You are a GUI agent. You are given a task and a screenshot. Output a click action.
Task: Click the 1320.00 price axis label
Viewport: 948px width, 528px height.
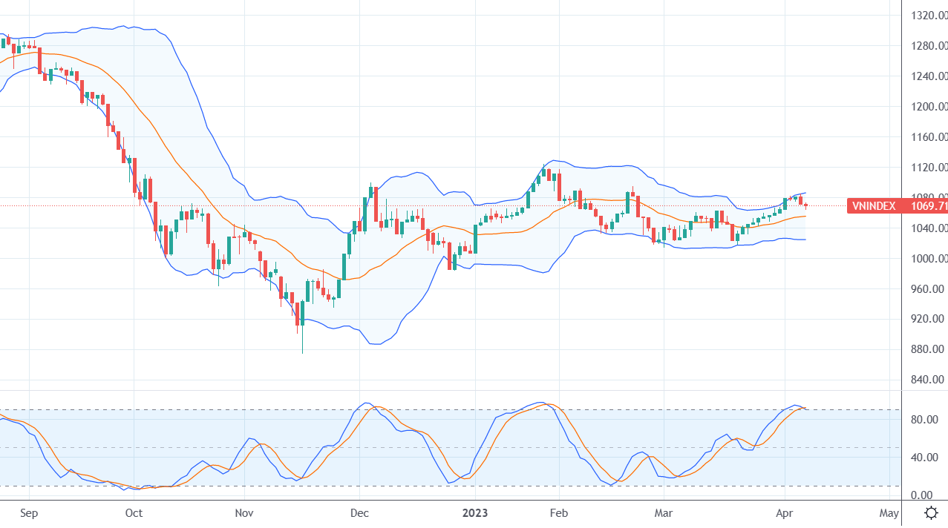click(x=928, y=16)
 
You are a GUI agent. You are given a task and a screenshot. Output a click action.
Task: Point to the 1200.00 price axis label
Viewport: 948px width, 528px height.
click(x=928, y=107)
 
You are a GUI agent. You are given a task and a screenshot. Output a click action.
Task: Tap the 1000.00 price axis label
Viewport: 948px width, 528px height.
click(x=928, y=259)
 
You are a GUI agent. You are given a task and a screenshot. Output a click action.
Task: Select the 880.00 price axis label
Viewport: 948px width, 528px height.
click(x=928, y=349)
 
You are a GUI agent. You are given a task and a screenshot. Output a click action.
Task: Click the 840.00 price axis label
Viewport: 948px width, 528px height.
click(x=928, y=380)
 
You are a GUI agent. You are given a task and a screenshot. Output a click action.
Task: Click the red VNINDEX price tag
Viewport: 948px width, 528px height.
click(x=897, y=205)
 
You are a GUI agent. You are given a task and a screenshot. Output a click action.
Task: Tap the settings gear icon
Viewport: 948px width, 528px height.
click(x=930, y=512)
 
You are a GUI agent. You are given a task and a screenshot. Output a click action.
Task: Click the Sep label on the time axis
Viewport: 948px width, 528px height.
click(x=29, y=512)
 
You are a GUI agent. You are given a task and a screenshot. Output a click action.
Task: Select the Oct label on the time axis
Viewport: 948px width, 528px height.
click(x=134, y=512)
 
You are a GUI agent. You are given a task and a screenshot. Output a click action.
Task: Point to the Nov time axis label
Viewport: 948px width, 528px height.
click(x=244, y=512)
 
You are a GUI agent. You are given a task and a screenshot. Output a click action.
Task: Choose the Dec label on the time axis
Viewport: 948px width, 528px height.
click(x=359, y=512)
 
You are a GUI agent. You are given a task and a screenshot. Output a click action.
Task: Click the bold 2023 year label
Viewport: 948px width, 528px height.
click(x=474, y=512)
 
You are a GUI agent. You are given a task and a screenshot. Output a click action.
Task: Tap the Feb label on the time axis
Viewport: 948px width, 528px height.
click(x=558, y=512)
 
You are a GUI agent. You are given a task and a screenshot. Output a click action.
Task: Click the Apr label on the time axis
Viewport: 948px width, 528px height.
click(x=785, y=512)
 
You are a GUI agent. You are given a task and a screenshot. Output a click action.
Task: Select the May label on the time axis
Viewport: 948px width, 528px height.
click(x=889, y=512)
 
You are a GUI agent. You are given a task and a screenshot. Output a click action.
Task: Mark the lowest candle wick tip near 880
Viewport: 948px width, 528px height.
click(x=302, y=352)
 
